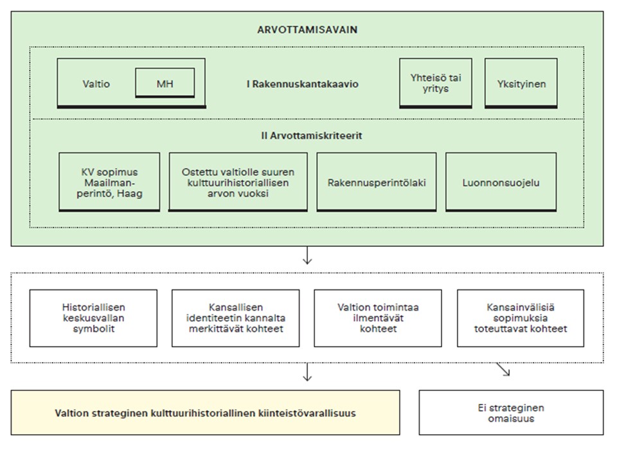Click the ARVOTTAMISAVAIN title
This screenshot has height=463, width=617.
point(307,30)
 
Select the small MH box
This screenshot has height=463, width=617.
point(165,83)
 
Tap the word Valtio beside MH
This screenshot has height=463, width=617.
point(96,84)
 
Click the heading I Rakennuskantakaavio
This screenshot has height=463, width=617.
point(302,84)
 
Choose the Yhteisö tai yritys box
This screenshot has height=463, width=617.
point(436,83)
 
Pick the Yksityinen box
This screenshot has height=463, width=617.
point(521,83)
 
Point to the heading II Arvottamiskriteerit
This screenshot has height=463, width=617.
point(311,136)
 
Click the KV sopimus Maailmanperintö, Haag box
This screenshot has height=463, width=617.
point(109,182)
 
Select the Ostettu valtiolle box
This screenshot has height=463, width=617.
point(238,182)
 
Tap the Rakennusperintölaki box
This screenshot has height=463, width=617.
point(377,182)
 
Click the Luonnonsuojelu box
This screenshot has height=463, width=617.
point(501,182)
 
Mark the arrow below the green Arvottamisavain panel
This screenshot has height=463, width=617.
point(307,255)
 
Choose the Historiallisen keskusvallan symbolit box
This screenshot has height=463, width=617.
point(93,318)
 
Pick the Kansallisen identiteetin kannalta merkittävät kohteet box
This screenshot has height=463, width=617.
point(236,318)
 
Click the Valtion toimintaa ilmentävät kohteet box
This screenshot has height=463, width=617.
point(378,318)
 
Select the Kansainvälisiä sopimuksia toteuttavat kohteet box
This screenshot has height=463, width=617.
point(521,318)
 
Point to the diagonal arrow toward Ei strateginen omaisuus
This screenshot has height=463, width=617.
point(503,369)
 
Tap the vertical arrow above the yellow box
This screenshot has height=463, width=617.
point(307,372)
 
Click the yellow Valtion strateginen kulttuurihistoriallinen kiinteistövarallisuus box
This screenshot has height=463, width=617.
point(206,413)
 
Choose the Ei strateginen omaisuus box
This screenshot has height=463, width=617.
point(511,413)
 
